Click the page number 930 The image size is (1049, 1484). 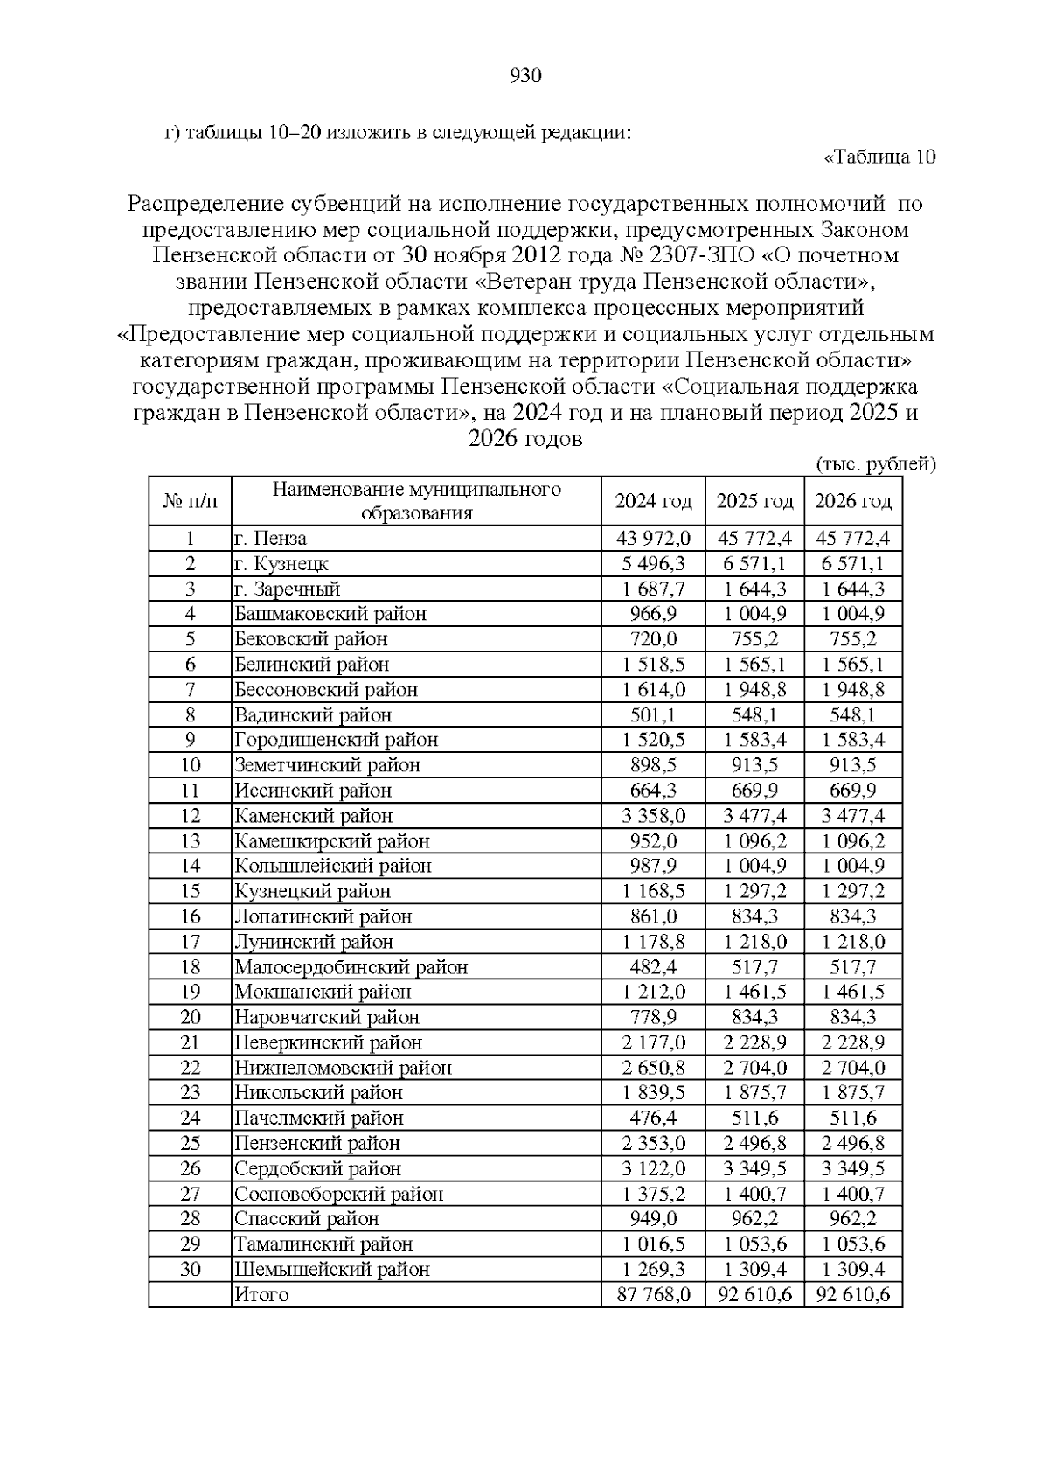point(524,76)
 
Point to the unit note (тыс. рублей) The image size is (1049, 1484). point(875,464)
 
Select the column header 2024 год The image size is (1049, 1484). point(653,501)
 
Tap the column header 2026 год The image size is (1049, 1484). point(852,501)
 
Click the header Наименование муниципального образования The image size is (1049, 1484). point(416,501)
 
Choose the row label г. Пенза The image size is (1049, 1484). point(271,539)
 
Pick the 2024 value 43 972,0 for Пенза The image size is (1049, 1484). point(653,539)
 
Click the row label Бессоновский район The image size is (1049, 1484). point(325,690)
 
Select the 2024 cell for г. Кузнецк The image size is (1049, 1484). point(653,564)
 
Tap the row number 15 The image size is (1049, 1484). point(191,891)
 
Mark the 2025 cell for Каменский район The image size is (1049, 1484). point(754,816)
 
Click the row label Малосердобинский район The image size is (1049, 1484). point(351,967)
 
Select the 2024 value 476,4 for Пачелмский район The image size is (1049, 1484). point(653,1118)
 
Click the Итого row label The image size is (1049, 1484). point(261,1295)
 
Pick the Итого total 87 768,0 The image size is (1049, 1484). point(653,1295)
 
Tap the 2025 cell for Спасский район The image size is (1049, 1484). point(754,1219)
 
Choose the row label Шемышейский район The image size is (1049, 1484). point(331,1270)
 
